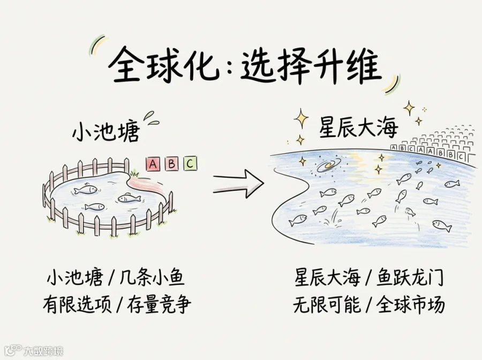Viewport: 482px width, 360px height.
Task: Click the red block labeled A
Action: click(153, 164)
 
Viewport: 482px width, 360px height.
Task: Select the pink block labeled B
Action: click(171, 164)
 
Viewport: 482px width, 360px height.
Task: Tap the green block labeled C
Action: click(190, 163)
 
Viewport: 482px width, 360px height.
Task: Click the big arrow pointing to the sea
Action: click(238, 184)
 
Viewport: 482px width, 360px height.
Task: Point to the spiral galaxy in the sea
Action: click(329, 166)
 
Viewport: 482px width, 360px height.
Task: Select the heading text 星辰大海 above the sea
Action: click(358, 127)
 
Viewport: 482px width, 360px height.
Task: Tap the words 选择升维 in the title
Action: click(311, 66)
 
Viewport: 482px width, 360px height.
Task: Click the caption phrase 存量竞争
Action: click(159, 304)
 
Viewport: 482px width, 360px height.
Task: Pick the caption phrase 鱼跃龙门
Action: click(410, 277)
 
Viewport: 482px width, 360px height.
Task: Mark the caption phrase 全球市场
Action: click(410, 304)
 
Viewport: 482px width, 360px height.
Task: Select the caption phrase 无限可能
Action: click(327, 304)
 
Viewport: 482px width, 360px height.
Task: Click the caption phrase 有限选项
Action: click(77, 304)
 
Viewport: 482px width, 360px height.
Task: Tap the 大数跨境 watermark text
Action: click(43, 351)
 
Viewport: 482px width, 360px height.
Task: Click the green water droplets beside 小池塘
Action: click(151, 118)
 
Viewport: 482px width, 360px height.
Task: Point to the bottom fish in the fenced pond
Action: click(95, 207)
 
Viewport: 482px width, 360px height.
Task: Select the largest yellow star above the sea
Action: click(301, 118)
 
